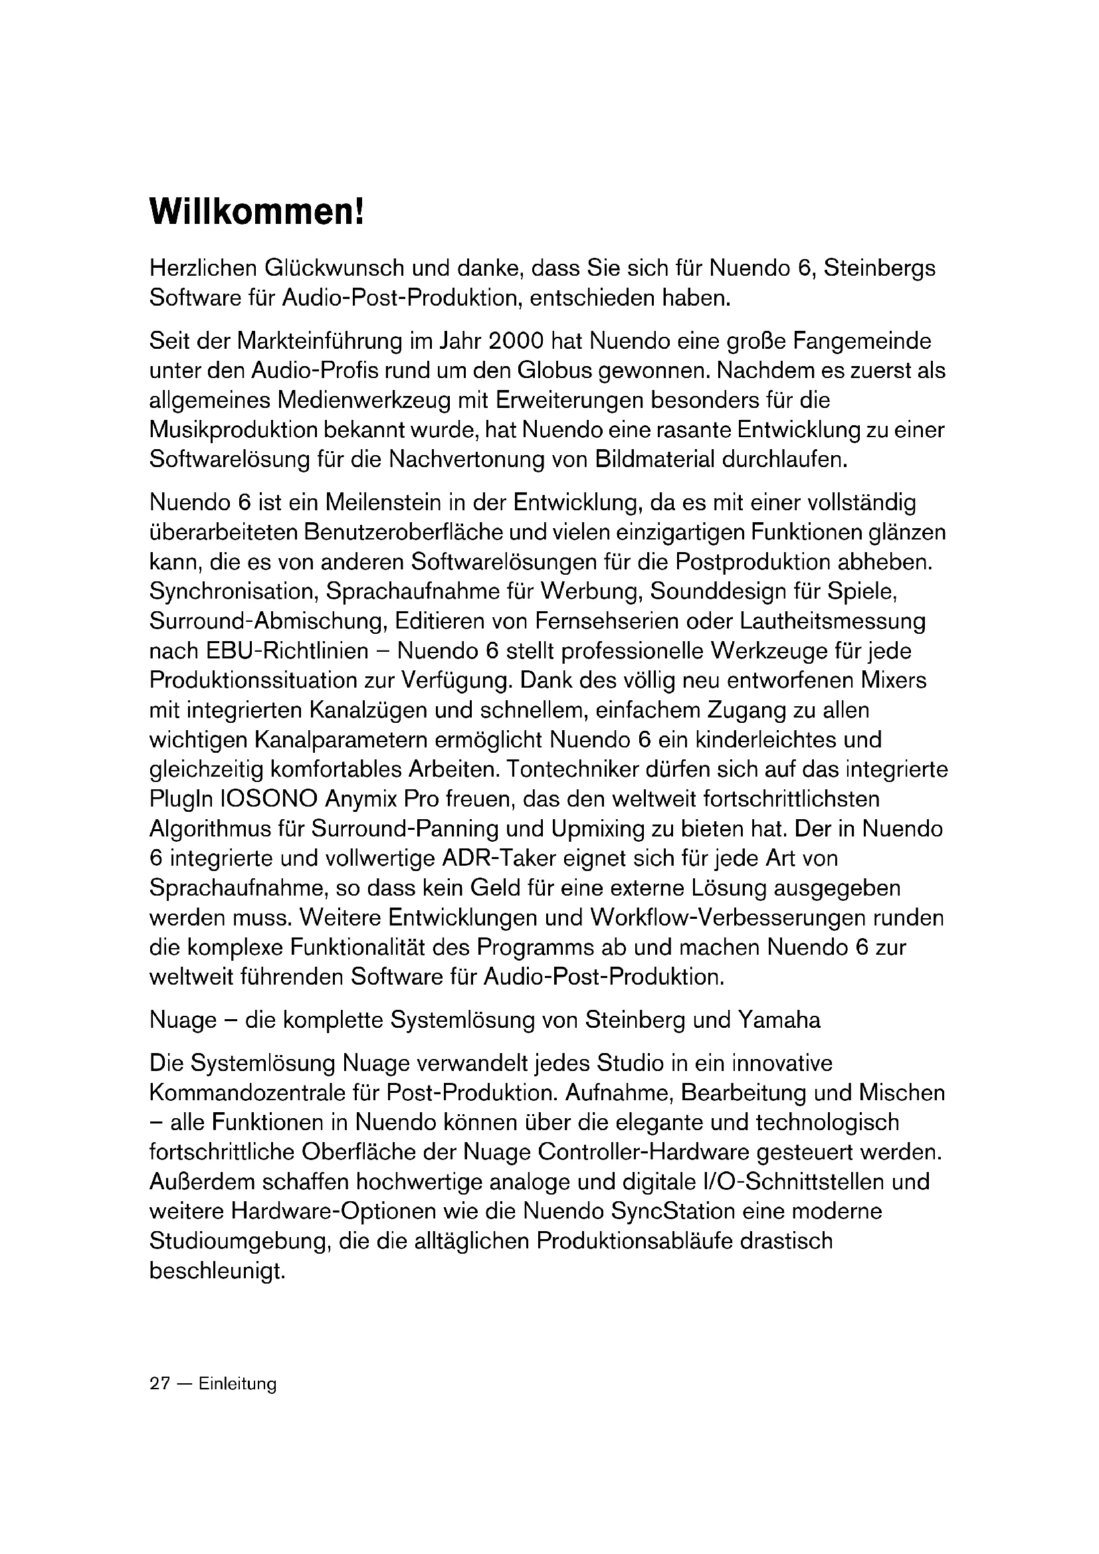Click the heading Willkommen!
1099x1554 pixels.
tap(256, 213)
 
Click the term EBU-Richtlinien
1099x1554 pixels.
tap(285, 651)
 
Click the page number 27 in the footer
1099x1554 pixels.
tap(159, 1384)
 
